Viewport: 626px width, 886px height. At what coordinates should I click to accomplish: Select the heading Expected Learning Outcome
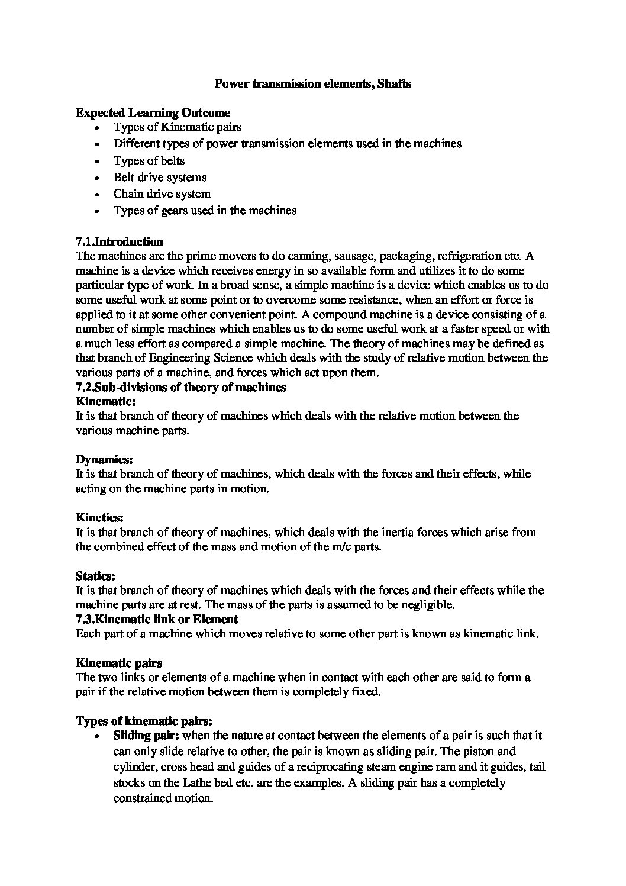153,112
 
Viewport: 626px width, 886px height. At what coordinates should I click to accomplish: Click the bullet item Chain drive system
162,194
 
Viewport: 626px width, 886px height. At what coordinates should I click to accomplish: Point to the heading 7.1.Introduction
120,241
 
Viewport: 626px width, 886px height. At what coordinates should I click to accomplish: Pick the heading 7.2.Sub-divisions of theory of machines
180,387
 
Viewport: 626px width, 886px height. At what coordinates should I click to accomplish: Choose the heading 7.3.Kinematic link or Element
157,619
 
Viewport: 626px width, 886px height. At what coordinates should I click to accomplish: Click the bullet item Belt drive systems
160,177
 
